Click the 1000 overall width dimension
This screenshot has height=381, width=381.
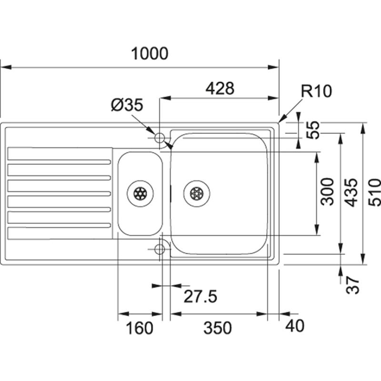(150, 54)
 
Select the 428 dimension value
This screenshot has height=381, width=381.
(220, 88)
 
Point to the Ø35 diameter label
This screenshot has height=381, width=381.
(127, 105)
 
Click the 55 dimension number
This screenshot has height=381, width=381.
(313, 130)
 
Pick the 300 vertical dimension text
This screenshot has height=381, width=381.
(327, 191)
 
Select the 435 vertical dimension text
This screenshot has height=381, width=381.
(351, 192)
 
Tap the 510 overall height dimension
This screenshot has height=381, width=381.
(375, 192)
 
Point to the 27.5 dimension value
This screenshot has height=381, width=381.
(201, 297)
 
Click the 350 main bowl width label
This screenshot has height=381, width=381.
(217, 328)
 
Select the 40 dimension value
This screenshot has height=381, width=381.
(295, 326)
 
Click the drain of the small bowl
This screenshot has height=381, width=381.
(140, 193)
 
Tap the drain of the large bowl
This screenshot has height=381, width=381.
(197, 193)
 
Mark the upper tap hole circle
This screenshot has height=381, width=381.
(160, 138)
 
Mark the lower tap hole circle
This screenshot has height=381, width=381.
(160, 249)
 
